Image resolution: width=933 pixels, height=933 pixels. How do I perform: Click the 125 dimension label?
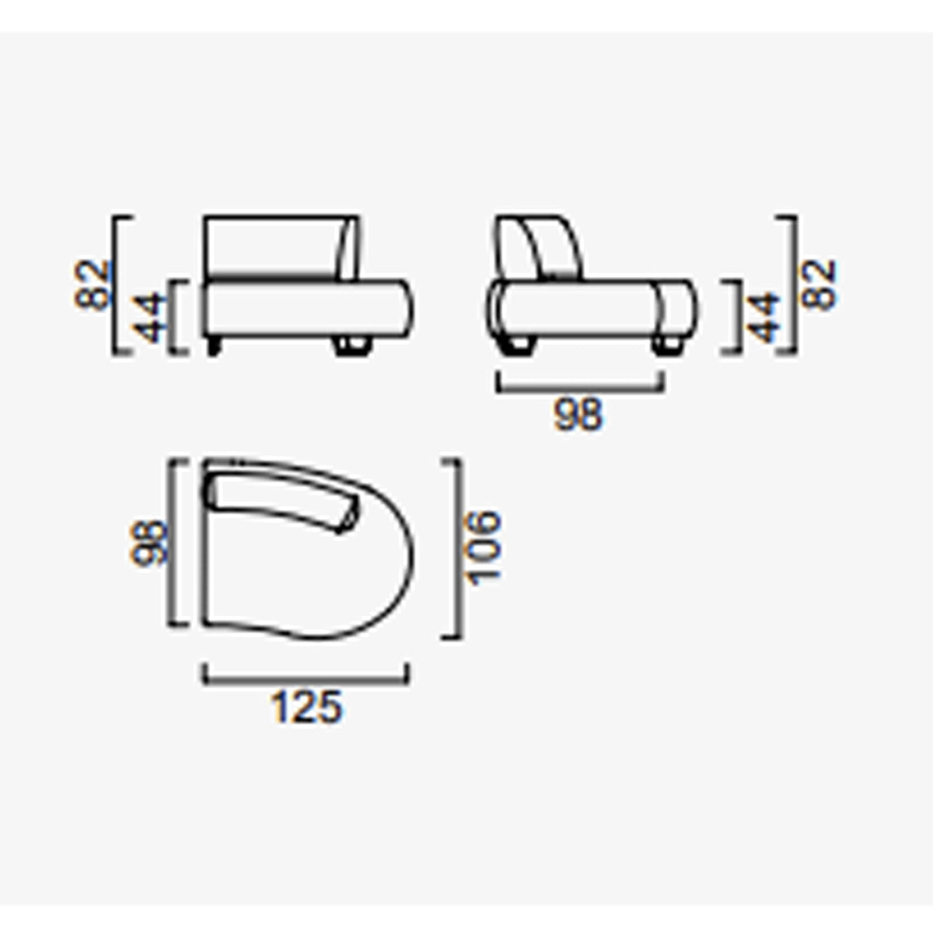coord(306,707)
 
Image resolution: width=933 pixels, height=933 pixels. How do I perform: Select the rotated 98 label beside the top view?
coord(148,542)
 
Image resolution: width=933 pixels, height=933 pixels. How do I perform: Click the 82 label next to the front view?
coord(92,285)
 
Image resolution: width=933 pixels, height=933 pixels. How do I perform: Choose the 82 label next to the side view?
coord(818,285)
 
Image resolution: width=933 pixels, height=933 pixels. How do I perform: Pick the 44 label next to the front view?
coord(149,317)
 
